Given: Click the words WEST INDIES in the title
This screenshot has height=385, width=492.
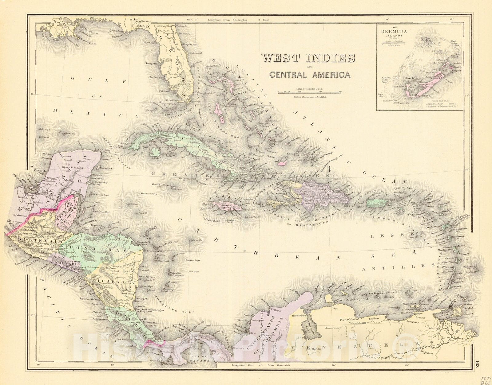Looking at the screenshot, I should [x=308, y=58].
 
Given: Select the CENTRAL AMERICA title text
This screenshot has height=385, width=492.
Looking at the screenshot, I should [x=310, y=75].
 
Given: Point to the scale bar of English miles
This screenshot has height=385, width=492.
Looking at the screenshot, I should [x=309, y=92].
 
